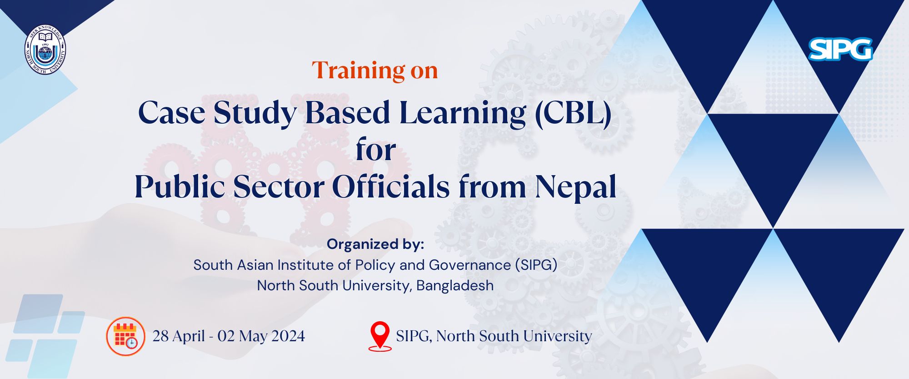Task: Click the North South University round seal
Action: (x=45, y=49)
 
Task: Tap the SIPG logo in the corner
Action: (x=840, y=49)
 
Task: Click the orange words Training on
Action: (x=375, y=70)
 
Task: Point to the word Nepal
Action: (x=576, y=187)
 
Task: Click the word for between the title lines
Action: (x=376, y=150)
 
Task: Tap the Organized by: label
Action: (x=375, y=244)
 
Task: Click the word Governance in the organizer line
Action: (x=470, y=265)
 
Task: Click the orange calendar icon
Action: (x=125, y=336)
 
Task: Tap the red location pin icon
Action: (x=380, y=336)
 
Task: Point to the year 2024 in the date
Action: (x=288, y=336)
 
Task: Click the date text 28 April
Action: (x=178, y=336)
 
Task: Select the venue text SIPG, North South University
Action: (x=494, y=336)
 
